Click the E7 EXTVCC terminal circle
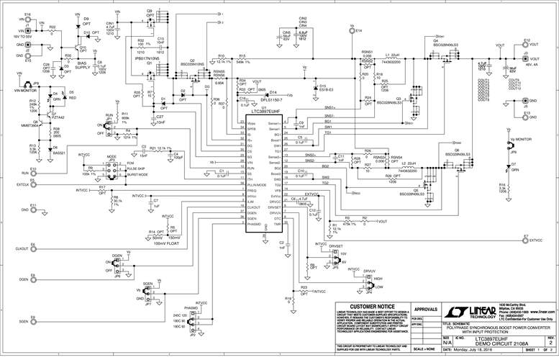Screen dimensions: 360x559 pyautogui.click(x=525, y=242)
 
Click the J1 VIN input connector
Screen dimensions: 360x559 pyautogui.click(x=27, y=27)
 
